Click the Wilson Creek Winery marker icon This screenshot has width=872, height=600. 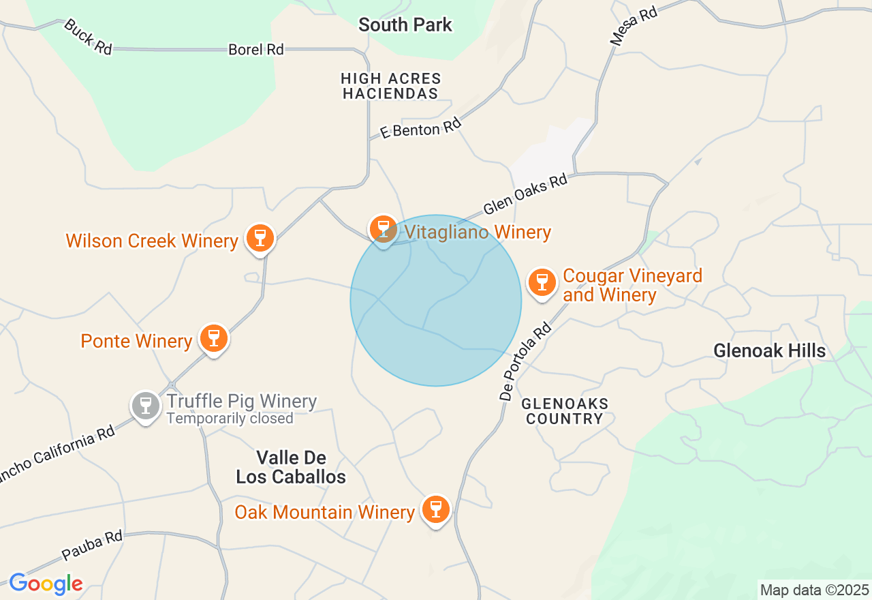pyautogui.click(x=260, y=238)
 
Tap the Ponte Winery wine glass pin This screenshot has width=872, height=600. pyautogui.click(x=214, y=338)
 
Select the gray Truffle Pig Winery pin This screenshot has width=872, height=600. pyautogui.click(x=145, y=406)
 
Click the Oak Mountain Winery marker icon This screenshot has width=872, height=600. pyautogui.click(x=436, y=509)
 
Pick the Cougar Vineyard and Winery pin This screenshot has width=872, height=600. pyautogui.click(x=542, y=281)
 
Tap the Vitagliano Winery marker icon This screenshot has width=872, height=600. pyautogui.click(x=383, y=229)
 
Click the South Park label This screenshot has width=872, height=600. pyautogui.click(x=405, y=25)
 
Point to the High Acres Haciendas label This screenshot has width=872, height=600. pyautogui.click(x=391, y=87)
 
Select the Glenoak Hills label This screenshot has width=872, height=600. pyautogui.click(x=770, y=351)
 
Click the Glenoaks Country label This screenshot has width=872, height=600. pyautogui.click(x=565, y=411)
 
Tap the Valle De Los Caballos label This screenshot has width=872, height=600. pyautogui.click(x=291, y=467)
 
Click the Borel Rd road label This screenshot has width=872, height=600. pyautogui.click(x=256, y=50)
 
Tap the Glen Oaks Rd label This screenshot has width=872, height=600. pyautogui.click(x=525, y=194)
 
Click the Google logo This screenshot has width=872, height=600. pyautogui.click(x=46, y=584)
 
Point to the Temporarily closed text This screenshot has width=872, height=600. pyautogui.click(x=230, y=419)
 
